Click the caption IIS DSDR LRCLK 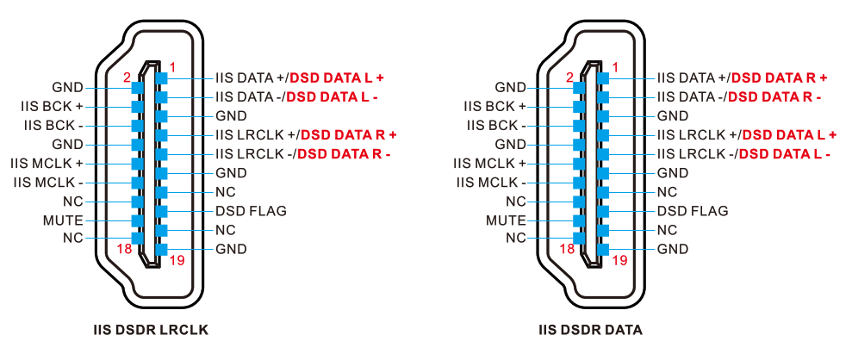point(151,330)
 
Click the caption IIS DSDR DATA point(590,330)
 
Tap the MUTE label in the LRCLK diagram point(63,220)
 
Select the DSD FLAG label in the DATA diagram point(693,211)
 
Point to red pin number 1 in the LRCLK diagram point(172,67)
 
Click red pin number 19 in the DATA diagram point(619,259)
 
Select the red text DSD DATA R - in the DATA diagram point(774,96)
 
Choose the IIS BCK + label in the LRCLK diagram point(52,106)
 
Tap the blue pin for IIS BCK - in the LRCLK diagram point(136,125)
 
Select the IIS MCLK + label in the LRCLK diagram point(47,163)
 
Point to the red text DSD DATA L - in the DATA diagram point(784,154)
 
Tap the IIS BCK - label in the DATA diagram point(495,125)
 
